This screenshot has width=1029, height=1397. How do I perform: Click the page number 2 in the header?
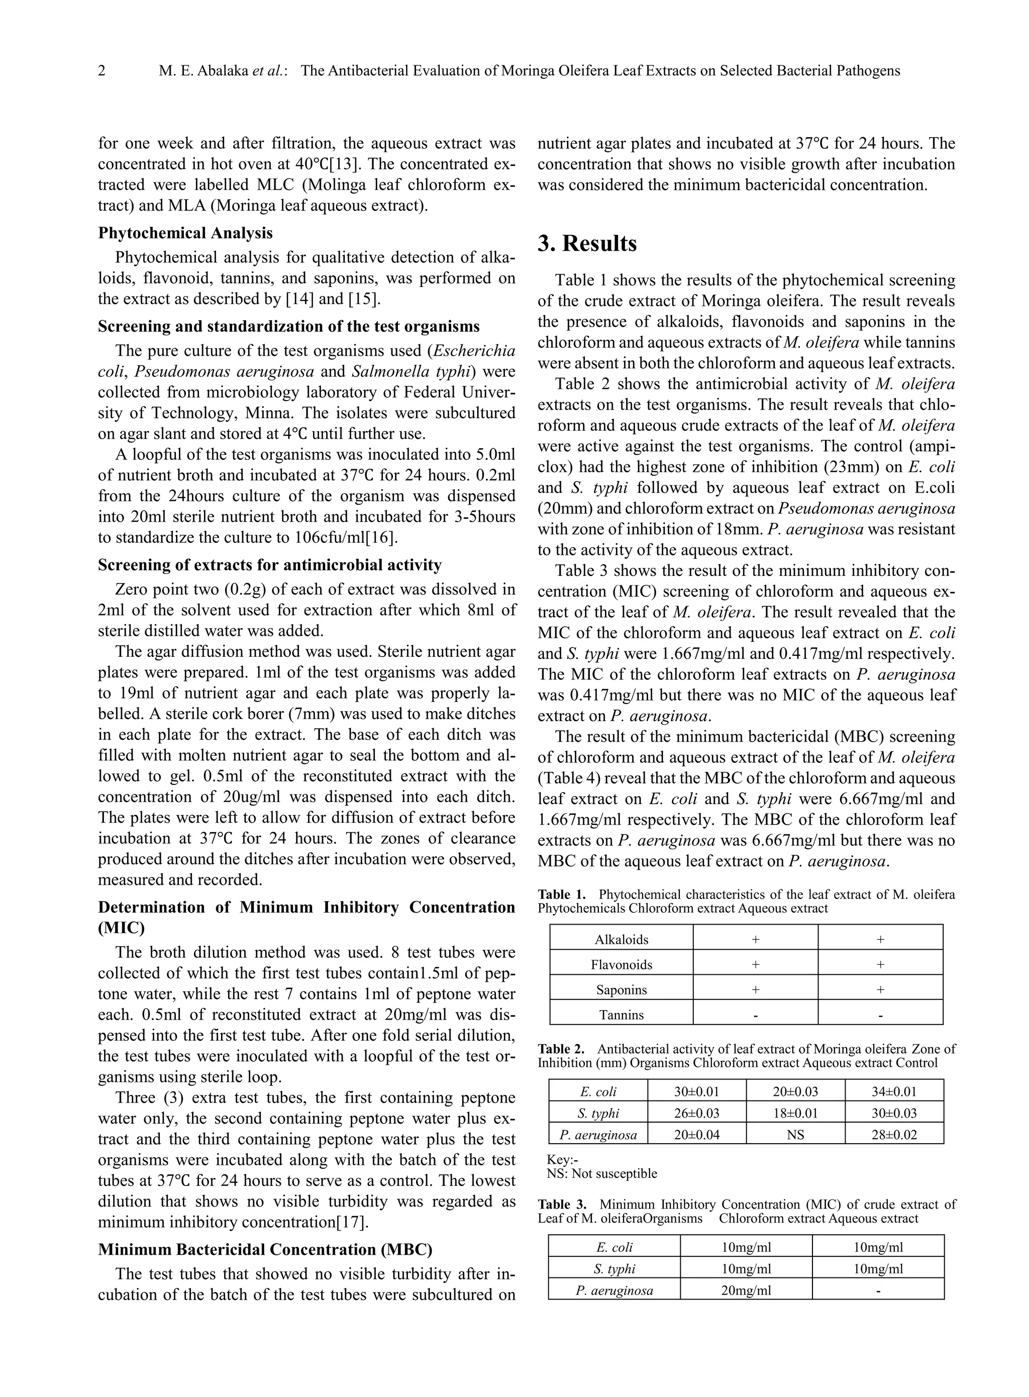click(x=102, y=71)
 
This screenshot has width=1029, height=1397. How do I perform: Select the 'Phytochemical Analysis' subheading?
click(x=185, y=233)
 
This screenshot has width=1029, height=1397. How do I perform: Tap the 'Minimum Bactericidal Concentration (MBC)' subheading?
click(x=265, y=1249)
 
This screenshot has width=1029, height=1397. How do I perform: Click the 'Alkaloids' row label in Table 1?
click(x=621, y=939)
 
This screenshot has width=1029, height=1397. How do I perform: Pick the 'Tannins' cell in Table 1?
click(x=621, y=1015)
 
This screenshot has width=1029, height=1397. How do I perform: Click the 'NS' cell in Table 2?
click(x=795, y=1135)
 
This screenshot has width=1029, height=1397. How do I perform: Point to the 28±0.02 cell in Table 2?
click(x=894, y=1135)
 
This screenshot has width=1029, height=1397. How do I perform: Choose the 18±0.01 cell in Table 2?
click(x=795, y=1113)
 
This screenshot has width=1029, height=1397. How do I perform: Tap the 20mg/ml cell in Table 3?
click(x=746, y=1290)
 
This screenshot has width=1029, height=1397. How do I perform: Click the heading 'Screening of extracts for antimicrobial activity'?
click(x=270, y=565)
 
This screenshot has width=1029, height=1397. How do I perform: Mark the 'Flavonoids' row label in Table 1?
click(x=621, y=965)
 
